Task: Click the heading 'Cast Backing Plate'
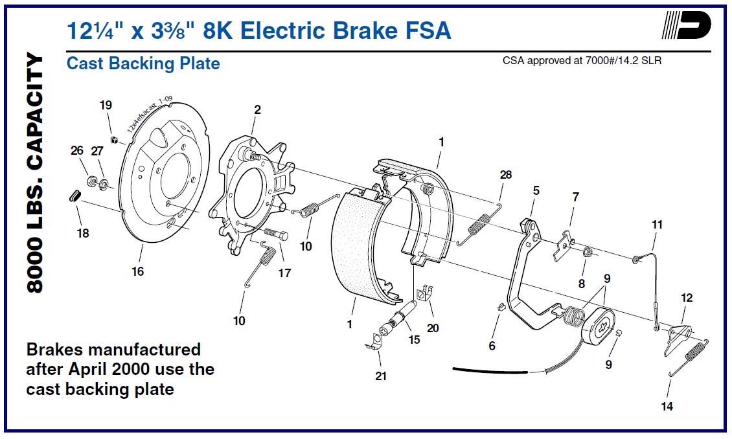pyautogui.click(x=143, y=63)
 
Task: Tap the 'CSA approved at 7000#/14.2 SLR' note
pyautogui.click(x=582, y=60)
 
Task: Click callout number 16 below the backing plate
pyautogui.click(x=137, y=271)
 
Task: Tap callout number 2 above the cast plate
pyautogui.click(x=257, y=109)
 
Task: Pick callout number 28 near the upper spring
pyautogui.click(x=505, y=175)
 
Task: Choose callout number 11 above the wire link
pyautogui.click(x=657, y=225)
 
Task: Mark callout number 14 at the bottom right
pyautogui.click(x=667, y=407)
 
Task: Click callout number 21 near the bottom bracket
pyautogui.click(x=381, y=376)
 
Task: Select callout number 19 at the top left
pyautogui.click(x=106, y=104)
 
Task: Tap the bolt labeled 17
pyautogui.click(x=277, y=234)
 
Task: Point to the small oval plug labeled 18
pyautogui.click(x=74, y=195)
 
